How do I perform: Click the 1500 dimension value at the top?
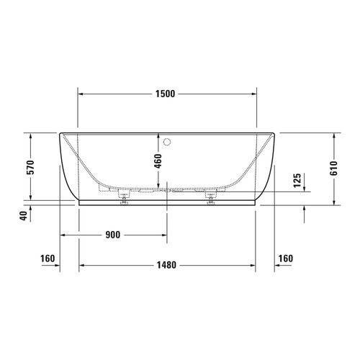[166, 94]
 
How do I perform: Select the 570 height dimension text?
[29, 166]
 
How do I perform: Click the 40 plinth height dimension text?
[24, 215]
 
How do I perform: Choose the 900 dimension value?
[112, 235]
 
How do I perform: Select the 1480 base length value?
[167, 265]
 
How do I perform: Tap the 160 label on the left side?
[48, 258]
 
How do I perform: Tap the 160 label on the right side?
[286, 258]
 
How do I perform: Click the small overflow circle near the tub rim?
[168, 142]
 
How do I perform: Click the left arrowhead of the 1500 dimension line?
[81, 94]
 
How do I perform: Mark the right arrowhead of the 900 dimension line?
[165, 235]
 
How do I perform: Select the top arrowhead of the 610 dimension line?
[335, 136]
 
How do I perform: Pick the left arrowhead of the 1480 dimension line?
[81, 265]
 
